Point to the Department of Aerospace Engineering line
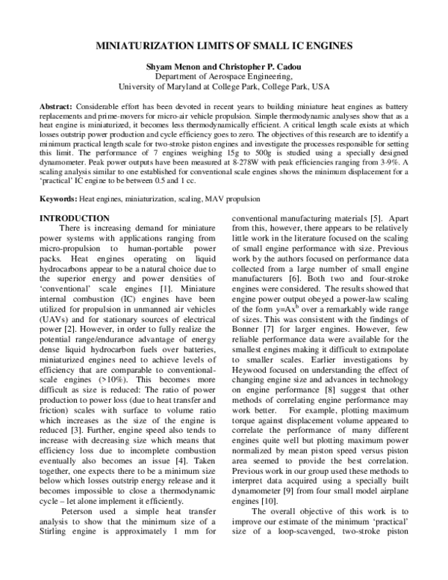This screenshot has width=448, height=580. point(224,76)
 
